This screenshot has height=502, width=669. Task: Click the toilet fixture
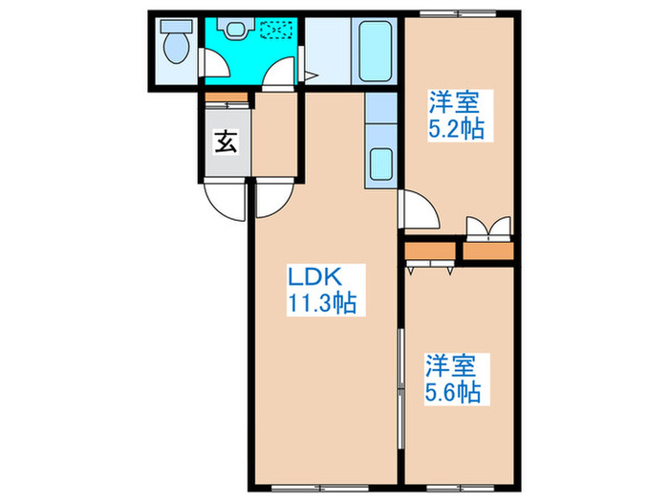tap(175, 45)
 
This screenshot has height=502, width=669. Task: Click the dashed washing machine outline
tap(278, 32)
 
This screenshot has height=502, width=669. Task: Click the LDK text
tap(312, 278)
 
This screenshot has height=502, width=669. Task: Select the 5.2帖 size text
tap(455, 129)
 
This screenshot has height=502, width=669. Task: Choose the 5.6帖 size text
tap(452, 391)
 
